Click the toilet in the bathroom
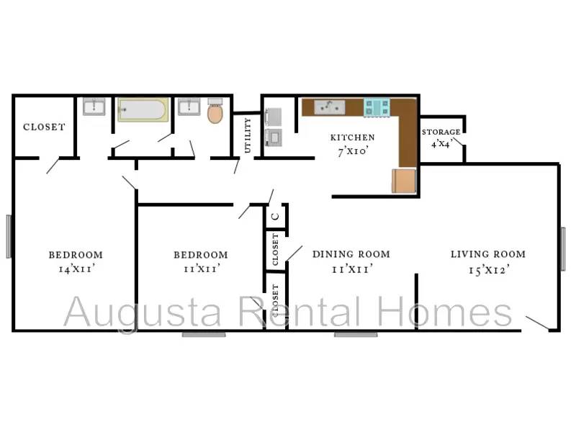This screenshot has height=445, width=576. tap(215, 111)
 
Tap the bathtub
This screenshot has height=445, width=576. tap(143, 109)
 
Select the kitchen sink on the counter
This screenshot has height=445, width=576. tap(330, 107)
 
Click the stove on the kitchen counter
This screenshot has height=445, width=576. tap(377, 107)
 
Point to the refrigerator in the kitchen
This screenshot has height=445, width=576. tap(404, 181)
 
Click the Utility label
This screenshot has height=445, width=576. tap(248, 135)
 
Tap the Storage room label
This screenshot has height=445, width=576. tap(441, 132)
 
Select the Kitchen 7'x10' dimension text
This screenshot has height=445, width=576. tap(353, 150)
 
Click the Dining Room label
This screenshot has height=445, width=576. tap(351, 254)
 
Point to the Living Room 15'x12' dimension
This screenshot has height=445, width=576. tap(489, 270)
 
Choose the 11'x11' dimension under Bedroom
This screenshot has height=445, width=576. tap(202, 269)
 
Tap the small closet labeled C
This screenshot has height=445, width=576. tap(275, 216)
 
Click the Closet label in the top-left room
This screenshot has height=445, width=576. tap(44, 127)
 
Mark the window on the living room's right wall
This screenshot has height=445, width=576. tap(563, 249)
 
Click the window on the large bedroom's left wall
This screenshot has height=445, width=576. tap(9, 237)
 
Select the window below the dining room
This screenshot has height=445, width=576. tap(356, 334)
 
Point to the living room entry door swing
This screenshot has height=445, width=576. tap(538, 323)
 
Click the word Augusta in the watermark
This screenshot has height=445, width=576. tap(143, 313)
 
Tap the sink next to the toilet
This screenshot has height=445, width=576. tap(189, 107)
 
